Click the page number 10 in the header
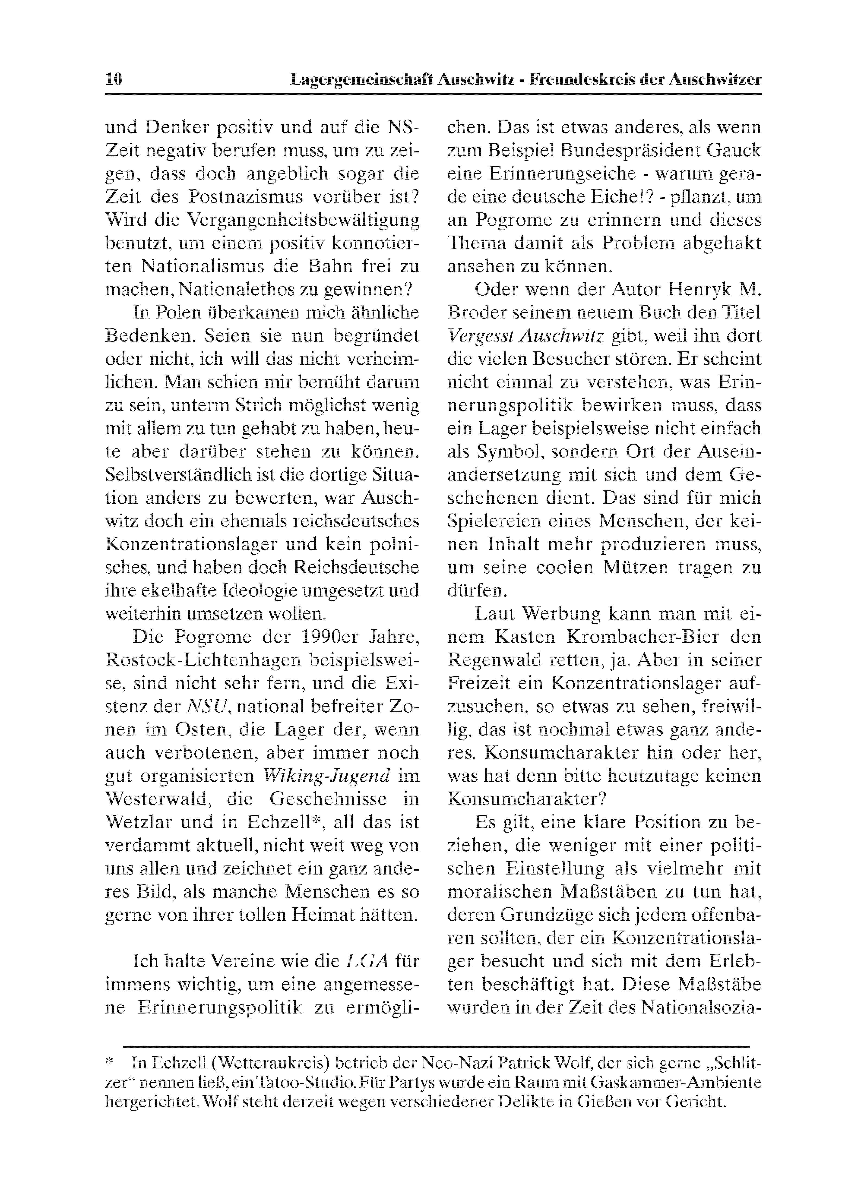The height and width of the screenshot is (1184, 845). tap(114, 80)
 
